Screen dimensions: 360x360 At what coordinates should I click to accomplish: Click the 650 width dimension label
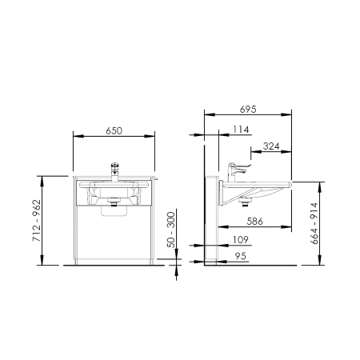(x=114, y=130)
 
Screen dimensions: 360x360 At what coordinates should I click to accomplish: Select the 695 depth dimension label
(x=248, y=109)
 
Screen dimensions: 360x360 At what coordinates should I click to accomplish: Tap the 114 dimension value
(x=241, y=130)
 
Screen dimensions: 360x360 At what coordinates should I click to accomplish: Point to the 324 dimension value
(x=271, y=146)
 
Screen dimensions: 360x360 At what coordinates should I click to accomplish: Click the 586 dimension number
(x=255, y=221)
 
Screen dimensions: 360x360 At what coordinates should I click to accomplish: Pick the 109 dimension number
(x=241, y=240)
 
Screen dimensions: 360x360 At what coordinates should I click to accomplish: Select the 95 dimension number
(x=241, y=256)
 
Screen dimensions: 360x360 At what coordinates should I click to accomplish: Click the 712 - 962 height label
(x=37, y=221)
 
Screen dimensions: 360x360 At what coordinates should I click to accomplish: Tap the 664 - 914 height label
(x=314, y=223)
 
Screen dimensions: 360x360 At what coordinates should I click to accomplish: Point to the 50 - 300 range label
(x=171, y=230)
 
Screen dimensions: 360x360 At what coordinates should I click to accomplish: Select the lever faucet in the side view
(x=238, y=172)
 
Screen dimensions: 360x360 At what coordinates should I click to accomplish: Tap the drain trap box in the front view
(x=114, y=210)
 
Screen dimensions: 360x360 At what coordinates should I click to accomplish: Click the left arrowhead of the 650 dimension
(x=78, y=136)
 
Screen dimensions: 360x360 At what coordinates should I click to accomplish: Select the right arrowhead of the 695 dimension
(x=286, y=114)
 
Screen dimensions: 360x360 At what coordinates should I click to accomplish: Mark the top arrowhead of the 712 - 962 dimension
(x=42, y=182)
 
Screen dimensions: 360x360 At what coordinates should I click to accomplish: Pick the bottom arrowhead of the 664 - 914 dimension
(x=320, y=260)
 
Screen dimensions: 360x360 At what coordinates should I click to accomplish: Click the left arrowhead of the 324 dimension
(x=256, y=151)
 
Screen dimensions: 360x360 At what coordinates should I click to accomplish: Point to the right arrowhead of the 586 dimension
(x=286, y=226)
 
